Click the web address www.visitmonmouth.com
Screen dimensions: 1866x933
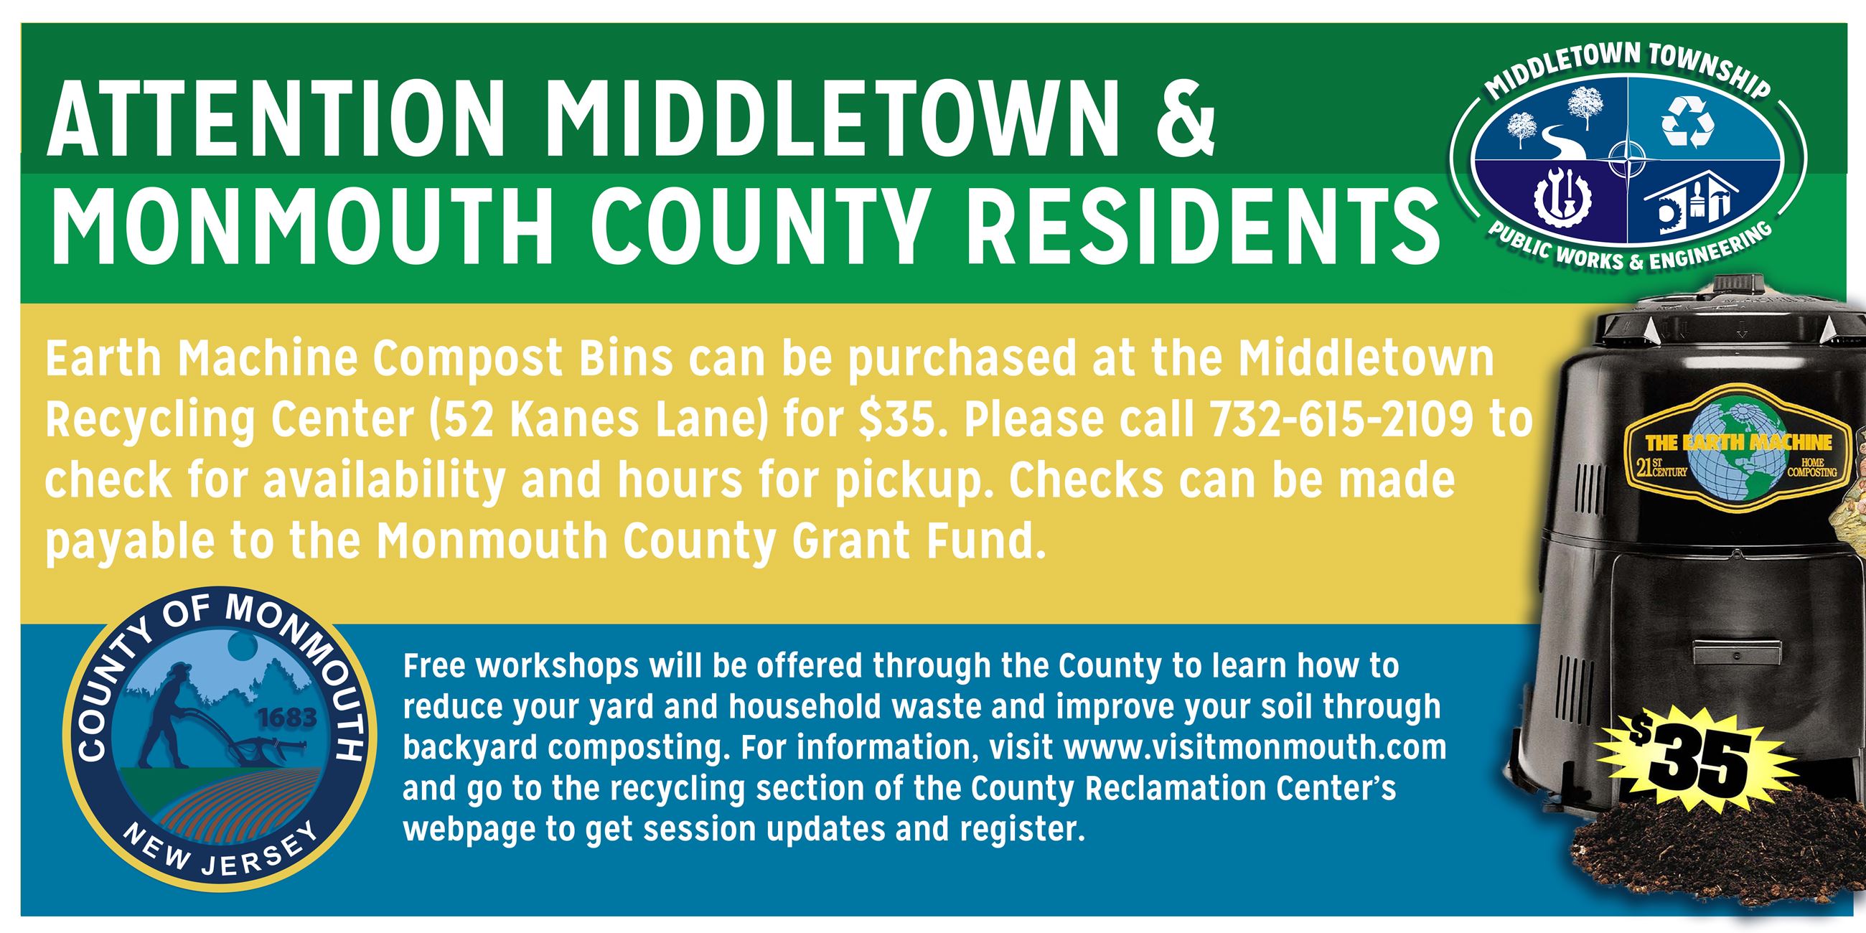[x=1255, y=747]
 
